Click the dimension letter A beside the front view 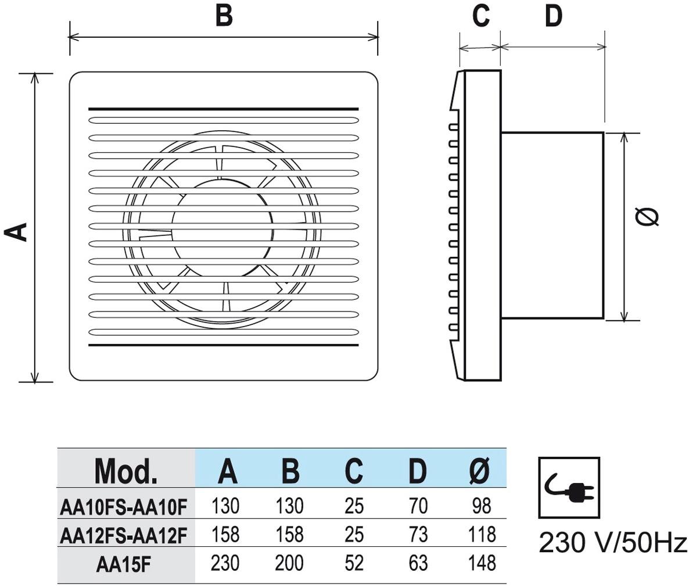point(17,231)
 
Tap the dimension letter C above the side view point(480,16)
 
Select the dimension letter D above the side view point(554,16)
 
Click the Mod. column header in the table point(126,471)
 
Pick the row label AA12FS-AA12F point(124,535)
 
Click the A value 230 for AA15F point(225,563)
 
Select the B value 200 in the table point(289,563)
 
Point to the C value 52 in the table point(354,563)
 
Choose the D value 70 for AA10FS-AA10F point(418,506)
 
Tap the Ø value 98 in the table point(482,506)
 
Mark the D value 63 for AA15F point(418,563)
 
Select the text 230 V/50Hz point(613,543)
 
